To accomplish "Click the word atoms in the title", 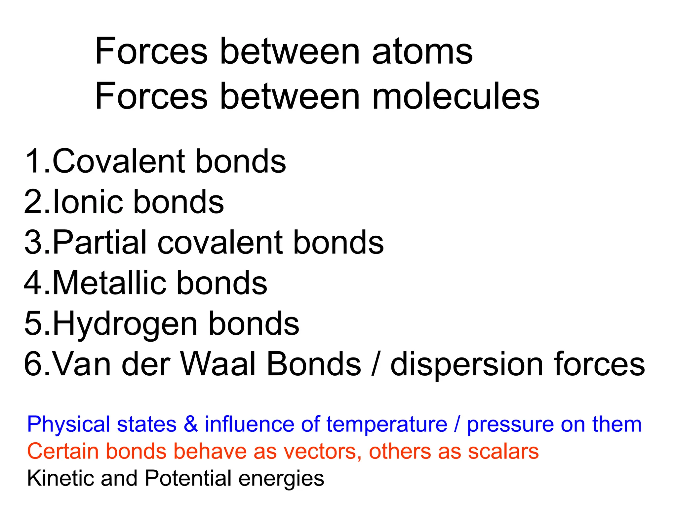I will [x=422, y=52].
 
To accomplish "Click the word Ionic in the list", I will [x=88, y=202].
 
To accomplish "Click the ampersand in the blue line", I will [x=191, y=424].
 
